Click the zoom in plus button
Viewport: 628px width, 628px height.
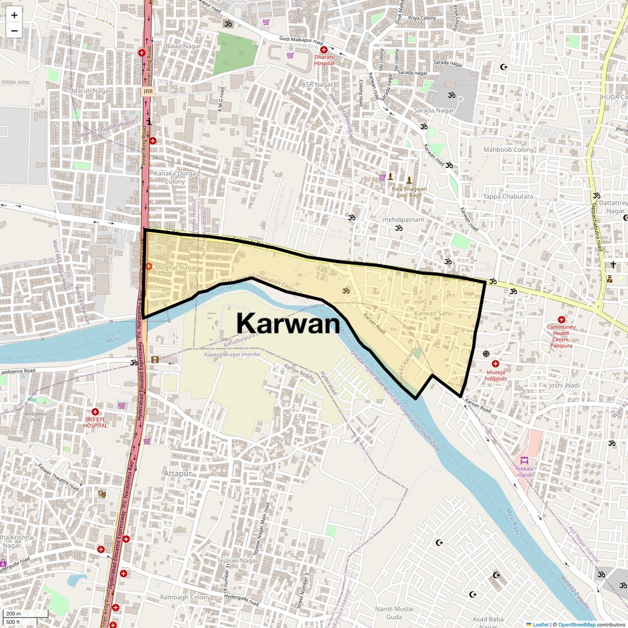(14, 15)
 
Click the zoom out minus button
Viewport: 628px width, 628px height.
(14, 31)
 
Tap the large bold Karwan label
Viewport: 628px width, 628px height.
(288, 323)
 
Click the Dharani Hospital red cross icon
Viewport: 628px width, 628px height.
(324, 50)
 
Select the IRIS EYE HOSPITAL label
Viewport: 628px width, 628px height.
(95, 422)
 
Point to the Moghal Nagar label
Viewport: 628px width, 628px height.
(176, 267)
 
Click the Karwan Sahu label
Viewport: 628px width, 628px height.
(433, 313)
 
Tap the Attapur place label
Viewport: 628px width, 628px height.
(177, 474)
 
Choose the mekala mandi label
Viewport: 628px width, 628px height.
(524, 472)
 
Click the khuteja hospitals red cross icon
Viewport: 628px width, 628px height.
(495, 364)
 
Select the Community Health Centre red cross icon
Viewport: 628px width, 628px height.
(561, 320)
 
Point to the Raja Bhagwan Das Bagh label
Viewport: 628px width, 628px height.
(409, 192)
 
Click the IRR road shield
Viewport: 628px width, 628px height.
(148, 91)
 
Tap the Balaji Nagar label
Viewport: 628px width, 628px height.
(183, 46)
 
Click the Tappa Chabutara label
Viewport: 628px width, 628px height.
(507, 197)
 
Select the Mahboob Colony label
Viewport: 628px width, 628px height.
(508, 150)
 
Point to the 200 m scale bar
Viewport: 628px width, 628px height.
(25, 613)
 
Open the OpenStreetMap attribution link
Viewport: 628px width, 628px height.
(576, 624)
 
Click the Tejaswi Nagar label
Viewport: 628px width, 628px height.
(237, 561)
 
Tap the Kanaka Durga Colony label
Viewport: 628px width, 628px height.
(175, 177)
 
